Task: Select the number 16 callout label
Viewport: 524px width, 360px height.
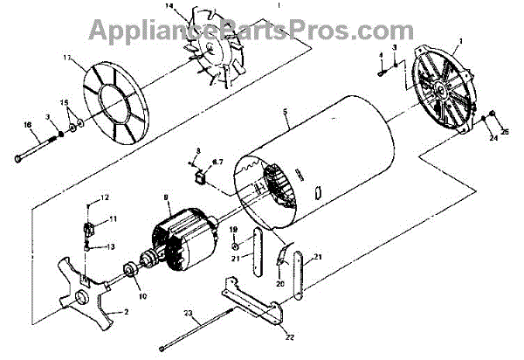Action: [27, 125]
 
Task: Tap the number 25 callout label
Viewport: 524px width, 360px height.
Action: [504, 132]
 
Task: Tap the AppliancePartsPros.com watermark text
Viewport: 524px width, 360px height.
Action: [261, 30]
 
